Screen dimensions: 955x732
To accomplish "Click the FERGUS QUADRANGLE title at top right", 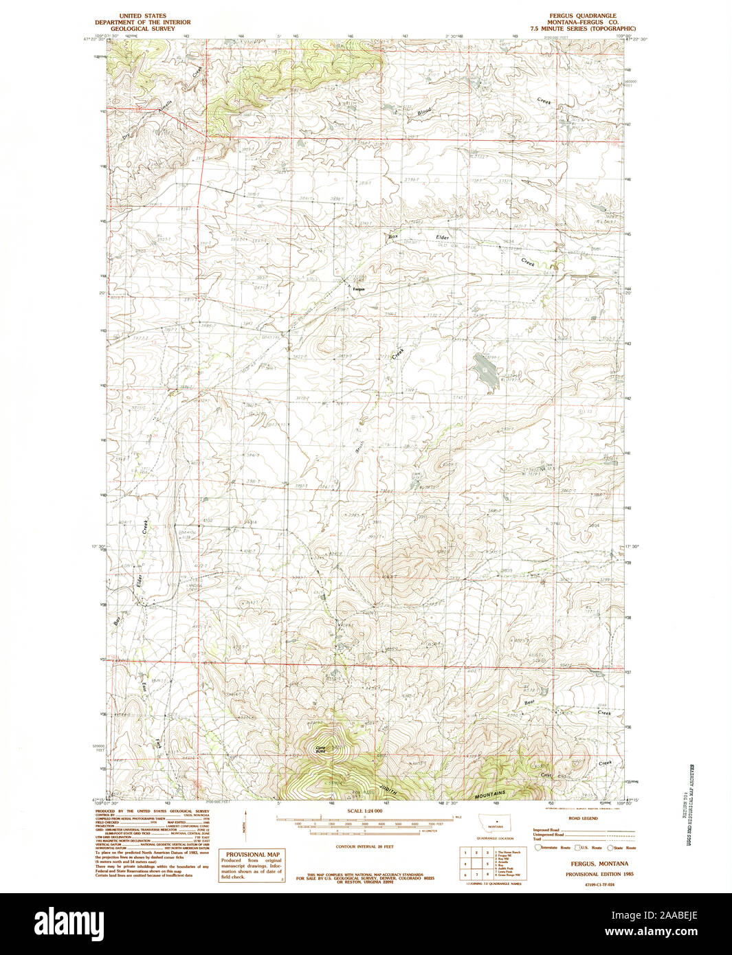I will [x=587, y=15].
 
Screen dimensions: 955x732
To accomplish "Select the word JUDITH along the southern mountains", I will [x=388, y=780].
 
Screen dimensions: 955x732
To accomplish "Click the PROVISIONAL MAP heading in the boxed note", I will [x=250, y=855].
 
